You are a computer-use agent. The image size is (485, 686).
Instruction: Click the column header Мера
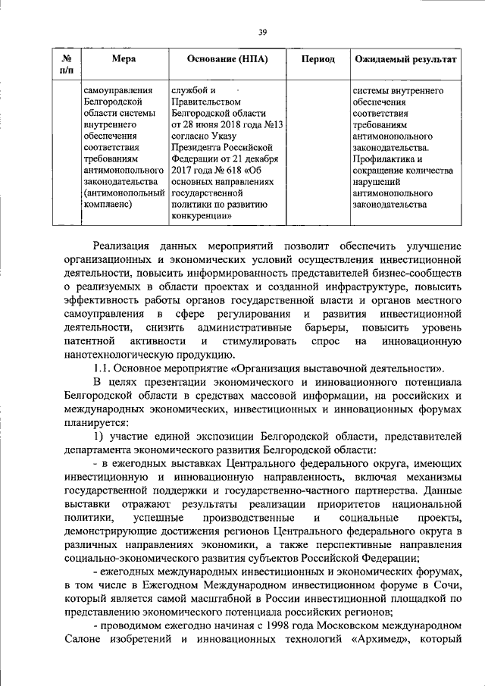(x=123, y=59)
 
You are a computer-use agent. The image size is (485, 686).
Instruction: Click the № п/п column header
(x=67, y=64)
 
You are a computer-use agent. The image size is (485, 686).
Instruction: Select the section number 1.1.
(x=102, y=368)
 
